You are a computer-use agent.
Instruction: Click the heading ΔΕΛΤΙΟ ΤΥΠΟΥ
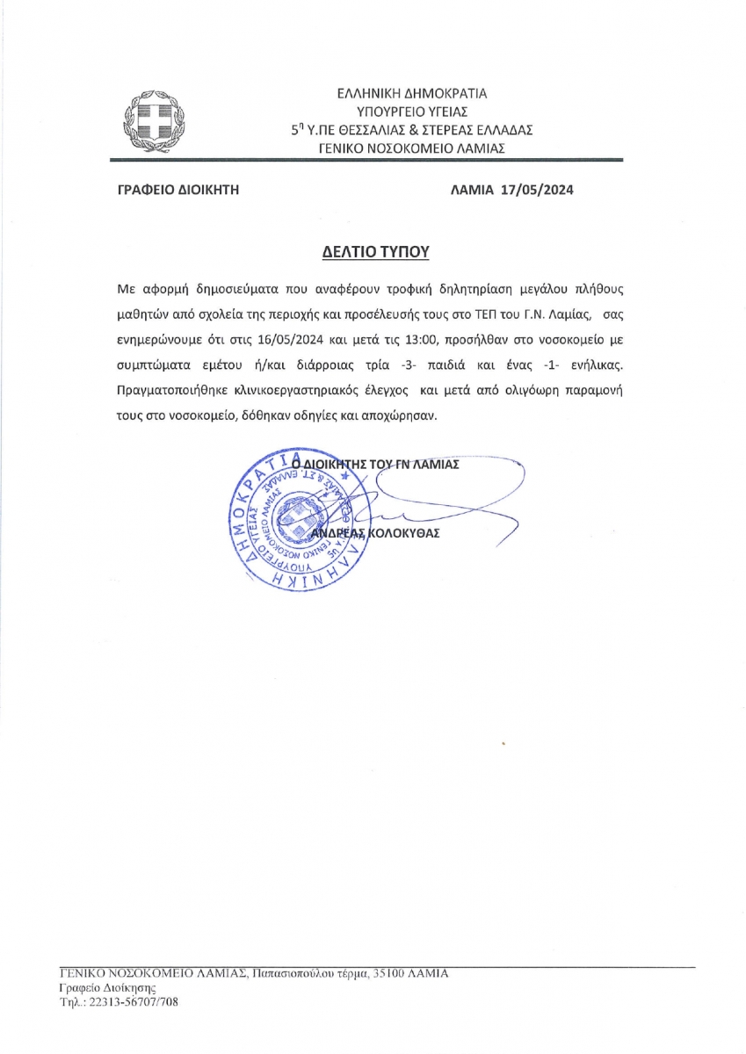click(373, 251)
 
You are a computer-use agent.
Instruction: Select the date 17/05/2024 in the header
click(537, 189)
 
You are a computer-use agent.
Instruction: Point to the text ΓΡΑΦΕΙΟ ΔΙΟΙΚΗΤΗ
click(178, 189)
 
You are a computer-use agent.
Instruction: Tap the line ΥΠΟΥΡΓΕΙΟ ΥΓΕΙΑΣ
click(412, 111)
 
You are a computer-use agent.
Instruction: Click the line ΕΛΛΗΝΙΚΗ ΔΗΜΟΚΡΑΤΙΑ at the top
click(412, 92)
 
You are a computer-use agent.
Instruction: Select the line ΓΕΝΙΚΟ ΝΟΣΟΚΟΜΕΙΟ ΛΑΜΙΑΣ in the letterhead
click(412, 148)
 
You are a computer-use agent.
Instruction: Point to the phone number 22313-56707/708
click(131, 1001)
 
